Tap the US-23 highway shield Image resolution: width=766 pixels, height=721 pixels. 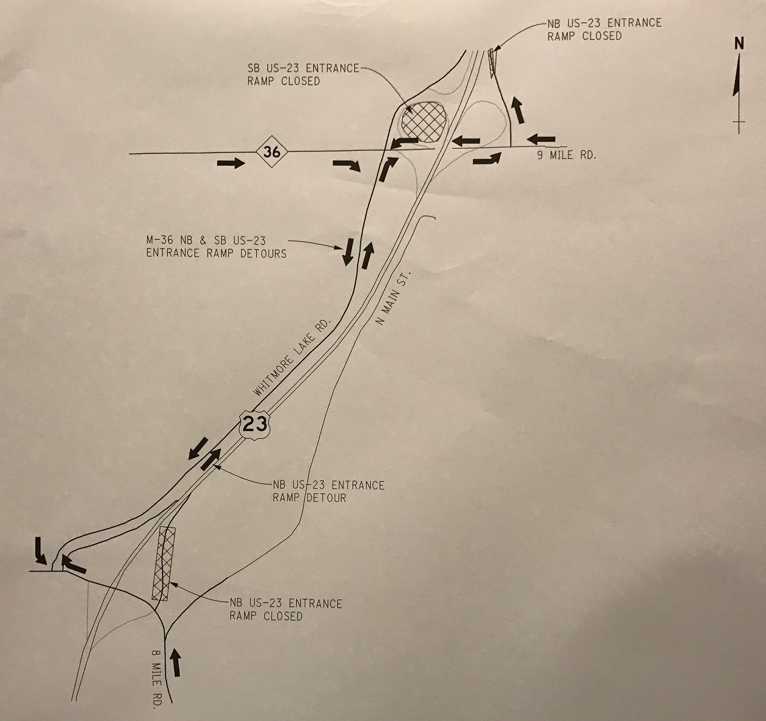tap(255, 425)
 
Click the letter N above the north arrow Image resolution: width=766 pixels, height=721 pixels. tap(739, 44)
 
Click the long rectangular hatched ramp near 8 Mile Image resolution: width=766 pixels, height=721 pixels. tap(163, 564)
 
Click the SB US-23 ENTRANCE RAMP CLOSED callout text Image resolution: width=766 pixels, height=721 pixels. tap(303, 75)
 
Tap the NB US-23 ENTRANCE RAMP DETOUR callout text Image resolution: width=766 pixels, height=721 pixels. tap(328, 491)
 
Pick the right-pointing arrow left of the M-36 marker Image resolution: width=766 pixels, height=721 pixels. tap(231, 163)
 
